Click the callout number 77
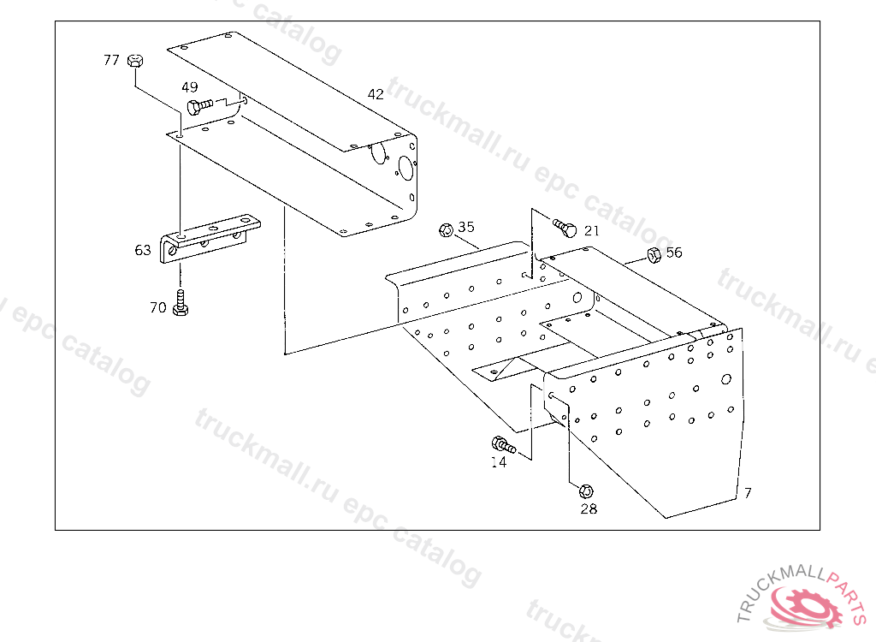(x=111, y=60)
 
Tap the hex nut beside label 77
(x=135, y=61)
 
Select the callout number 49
(x=189, y=87)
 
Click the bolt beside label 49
(x=199, y=105)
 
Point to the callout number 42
(x=376, y=94)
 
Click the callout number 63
(x=143, y=250)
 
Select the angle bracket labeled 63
(x=210, y=239)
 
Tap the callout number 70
(x=158, y=307)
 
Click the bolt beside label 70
(x=181, y=302)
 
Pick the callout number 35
(x=466, y=227)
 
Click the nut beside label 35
(x=446, y=230)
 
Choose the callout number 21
(x=592, y=231)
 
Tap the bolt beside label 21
(x=565, y=228)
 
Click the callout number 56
(x=674, y=253)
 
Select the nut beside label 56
(x=654, y=255)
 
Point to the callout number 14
(x=499, y=462)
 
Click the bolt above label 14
(x=503, y=445)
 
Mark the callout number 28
(x=589, y=509)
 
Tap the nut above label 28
(x=586, y=491)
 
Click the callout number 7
(x=748, y=493)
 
